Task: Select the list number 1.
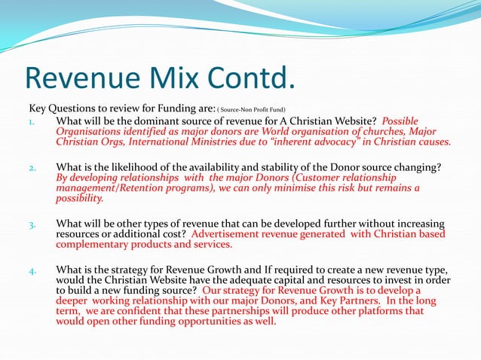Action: pyautogui.click(x=33, y=122)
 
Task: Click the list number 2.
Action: pyautogui.click(x=33, y=167)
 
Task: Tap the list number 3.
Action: pyautogui.click(x=33, y=224)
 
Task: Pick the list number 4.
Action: pyautogui.click(x=33, y=270)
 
